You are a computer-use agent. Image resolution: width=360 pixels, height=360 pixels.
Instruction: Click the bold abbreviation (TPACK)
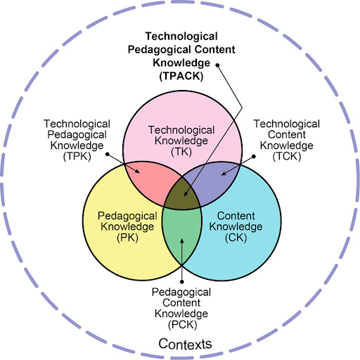pyautogui.click(x=181, y=76)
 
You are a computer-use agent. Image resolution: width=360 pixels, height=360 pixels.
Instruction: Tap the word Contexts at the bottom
pyautogui.click(x=185, y=344)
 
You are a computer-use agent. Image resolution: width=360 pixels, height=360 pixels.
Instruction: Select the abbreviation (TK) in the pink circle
pyautogui.click(x=181, y=152)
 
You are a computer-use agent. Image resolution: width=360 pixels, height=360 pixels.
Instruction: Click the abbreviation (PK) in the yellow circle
pyautogui.click(x=127, y=238)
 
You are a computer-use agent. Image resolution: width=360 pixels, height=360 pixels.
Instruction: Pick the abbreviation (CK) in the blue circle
pyautogui.click(x=236, y=238)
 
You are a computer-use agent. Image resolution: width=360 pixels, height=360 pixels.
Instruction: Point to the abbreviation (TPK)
pyautogui.click(x=77, y=156)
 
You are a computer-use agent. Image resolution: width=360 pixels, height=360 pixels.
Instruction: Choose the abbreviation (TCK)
pyautogui.click(x=287, y=156)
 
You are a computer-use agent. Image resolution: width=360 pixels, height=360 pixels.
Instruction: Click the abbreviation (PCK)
pyautogui.click(x=182, y=325)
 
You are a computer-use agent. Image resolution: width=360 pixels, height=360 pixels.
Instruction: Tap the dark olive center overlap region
pyautogui.click(x=182, y=195)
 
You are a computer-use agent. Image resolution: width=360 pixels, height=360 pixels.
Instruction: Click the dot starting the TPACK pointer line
pyautogui.click(x=217, y=65)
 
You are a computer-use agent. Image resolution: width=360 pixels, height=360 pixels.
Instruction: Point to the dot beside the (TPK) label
pyautogui.click(x=108, y=154)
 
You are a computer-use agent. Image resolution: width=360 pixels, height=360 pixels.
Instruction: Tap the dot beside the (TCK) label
pyautogui.click(x=254, y=156)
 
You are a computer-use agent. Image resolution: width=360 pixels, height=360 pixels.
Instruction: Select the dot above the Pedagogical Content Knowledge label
pyautogui.click(x=182, y=282)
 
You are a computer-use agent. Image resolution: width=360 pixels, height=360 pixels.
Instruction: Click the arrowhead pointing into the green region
pyautogui.click(x=182, y=241)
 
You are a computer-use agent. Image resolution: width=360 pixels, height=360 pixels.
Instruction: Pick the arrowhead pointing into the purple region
pyautogui.click(x=224, y=174)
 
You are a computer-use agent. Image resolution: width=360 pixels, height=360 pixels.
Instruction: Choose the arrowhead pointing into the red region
pyautogui.click(x=137, y=171)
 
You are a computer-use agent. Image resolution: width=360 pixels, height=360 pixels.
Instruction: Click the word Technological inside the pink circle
pyautogui.click(x=181, y=130)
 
